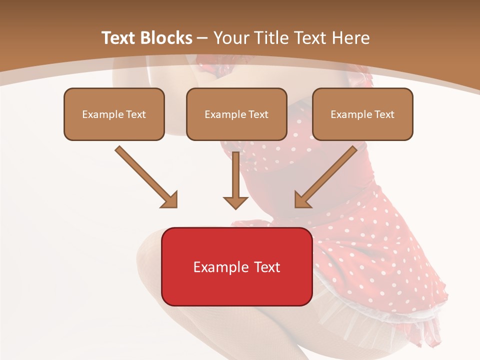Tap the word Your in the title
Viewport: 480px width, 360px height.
pyautogui.click(x=231, y=38)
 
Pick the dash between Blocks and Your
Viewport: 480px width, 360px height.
pyautogui.click(x=202, y=38)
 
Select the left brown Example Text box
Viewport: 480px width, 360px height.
pyautogui.click(x=114, y=114)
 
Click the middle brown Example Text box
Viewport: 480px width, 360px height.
pyautogui.click(x=236, y=114)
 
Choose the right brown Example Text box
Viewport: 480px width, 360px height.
pyautogui.click(x=362, y=114)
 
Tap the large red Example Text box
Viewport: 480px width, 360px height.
pyautogui.click(x=236, y=266)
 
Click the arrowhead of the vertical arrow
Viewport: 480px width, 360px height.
pyautogui.click(x=235, y=202)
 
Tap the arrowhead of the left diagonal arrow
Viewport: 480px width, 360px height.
pyautogui.click(x=170, y=200)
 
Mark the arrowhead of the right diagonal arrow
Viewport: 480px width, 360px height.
pyautogui.click(x=302, y=200)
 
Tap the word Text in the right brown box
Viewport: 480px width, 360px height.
pyautogui.click(x=384, y=114)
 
